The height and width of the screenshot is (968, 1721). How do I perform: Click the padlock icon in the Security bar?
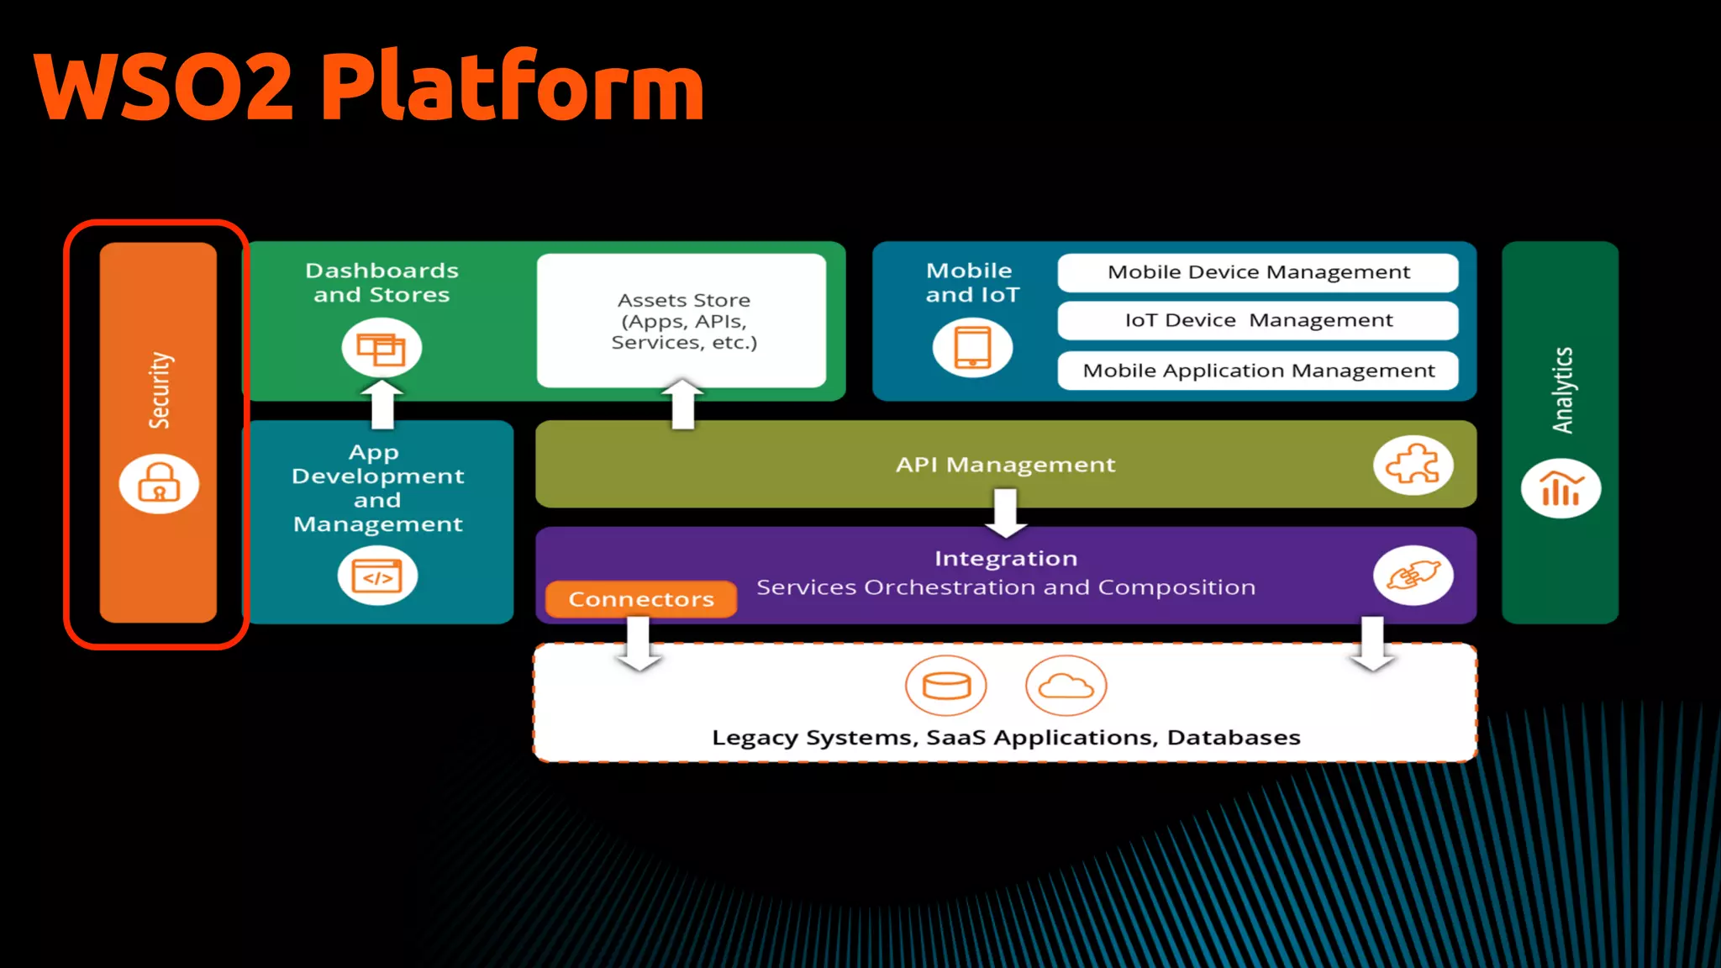[x=159, y=484]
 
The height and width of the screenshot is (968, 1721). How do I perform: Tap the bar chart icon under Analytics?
[x=1560, y=488]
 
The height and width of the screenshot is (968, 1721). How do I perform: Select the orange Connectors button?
[x=641, y=599]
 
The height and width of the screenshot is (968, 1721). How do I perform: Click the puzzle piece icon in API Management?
[x=1413, y=465]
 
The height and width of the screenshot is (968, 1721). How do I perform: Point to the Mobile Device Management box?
[x=1257, y=272]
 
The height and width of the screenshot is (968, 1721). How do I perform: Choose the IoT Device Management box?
[x=1257, y=320]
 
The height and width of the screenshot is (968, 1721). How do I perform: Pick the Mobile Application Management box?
[x=1257, y=371]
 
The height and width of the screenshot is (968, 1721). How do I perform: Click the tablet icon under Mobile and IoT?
[x=972, y=347]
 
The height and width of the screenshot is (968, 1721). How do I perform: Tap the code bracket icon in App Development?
[x=377, y=576]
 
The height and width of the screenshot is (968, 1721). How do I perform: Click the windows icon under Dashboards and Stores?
[x=381, y=348]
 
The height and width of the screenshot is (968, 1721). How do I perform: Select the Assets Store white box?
[x=682, y=320]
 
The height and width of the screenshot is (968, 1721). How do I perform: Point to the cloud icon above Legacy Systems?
[x=1066, y=686]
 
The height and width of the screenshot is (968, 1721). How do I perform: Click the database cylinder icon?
[x=946, y=686]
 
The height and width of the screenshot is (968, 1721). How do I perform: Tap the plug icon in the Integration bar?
[x=1413, y=576]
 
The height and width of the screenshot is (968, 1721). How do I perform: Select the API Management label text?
[x=1005, y=465]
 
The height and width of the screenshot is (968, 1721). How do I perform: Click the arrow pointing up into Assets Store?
[x=682, y=404]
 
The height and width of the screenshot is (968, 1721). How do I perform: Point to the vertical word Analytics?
[x=1561, y=390]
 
